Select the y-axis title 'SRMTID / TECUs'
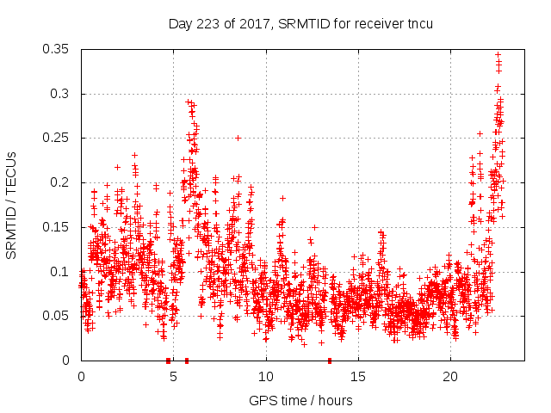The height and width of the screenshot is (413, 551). (12, 205)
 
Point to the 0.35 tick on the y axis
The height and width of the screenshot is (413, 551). (58, 49)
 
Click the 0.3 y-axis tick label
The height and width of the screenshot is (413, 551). (61, 94)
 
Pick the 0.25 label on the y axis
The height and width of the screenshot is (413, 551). (58, 138)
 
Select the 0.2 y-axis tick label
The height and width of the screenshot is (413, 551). (61, 182)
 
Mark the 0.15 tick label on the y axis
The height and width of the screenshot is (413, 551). (58, 227)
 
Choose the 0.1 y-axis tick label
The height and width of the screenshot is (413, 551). (61, 272)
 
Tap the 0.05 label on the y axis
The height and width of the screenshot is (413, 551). (58, 316)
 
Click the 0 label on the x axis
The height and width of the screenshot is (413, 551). (81, 376)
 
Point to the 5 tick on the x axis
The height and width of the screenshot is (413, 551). (173, 376)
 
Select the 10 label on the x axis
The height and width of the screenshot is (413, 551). (266, 376)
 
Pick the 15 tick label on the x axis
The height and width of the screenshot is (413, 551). (358, 376)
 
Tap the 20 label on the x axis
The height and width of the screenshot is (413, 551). (450, 376)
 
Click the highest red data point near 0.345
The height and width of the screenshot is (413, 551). (498, 54)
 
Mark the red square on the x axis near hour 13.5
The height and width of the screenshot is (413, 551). (330, 361)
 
